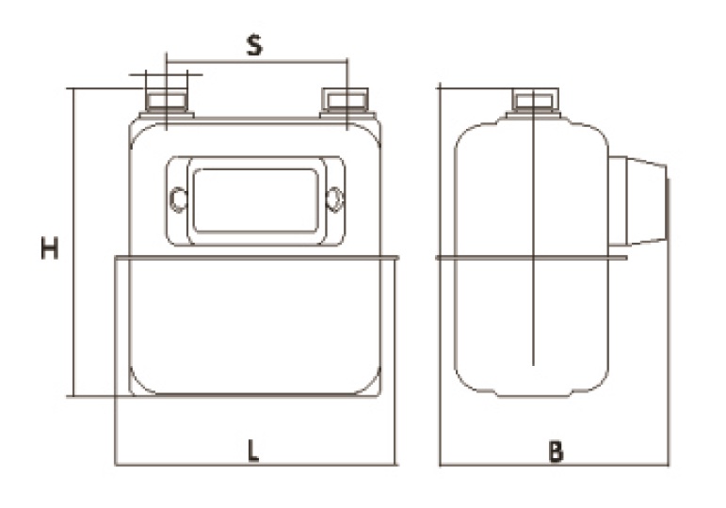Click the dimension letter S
[x=254, y=45]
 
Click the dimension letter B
[x=556, y=452]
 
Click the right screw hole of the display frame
[x=334, y=199]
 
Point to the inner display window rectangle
[x=255, y=199]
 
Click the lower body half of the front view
[x=254, y=325]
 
